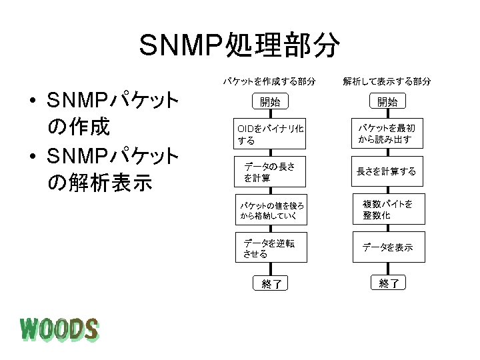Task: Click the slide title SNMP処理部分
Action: click(240, 45)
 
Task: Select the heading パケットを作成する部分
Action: click(269, 81)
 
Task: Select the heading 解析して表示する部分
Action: click(387, 81)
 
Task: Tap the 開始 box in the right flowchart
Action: click(387, 102)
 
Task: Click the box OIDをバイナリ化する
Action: click(269, 135)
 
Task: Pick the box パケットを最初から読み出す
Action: click(387, 134)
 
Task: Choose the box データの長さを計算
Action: click(269, 173)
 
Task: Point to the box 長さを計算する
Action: click(387, 172)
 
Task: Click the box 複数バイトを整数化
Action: click(387, 210)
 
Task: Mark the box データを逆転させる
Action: click(269, 248)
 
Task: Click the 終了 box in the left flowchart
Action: click(271, 284)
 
